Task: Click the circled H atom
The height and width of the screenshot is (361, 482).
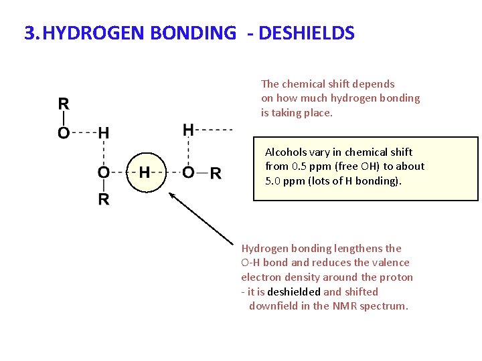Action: [144, 173]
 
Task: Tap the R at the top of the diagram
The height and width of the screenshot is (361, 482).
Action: [64, 104]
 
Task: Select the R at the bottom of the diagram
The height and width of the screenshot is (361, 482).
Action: [104, 200]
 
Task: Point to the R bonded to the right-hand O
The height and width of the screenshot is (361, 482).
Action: [216, 174]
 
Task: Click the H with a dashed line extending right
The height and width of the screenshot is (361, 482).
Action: [189, 129]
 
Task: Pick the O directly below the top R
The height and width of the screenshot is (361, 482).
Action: [64, 133]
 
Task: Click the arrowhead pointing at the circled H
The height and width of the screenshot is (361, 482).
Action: [171, 195]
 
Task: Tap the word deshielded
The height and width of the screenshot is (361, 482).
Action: [294, 291]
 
